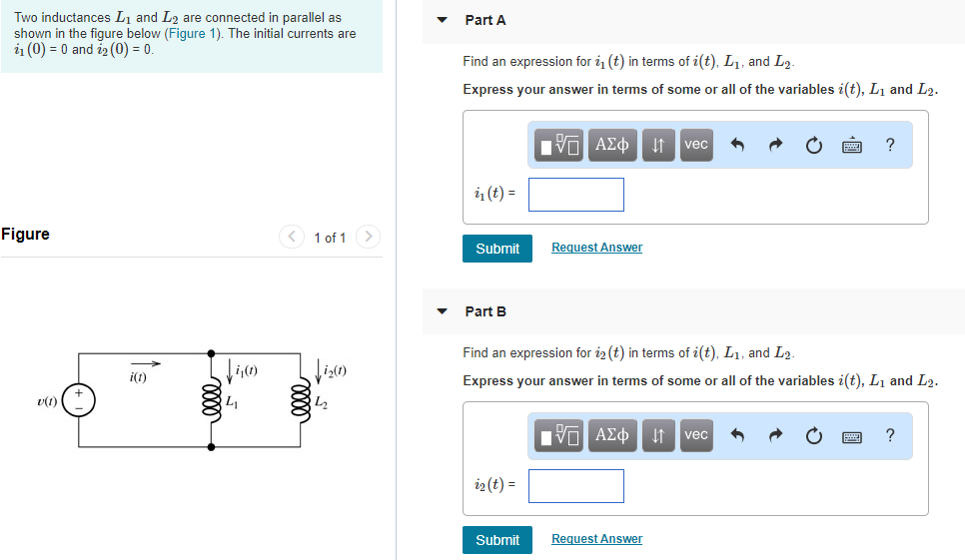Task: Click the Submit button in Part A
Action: coord(496,249)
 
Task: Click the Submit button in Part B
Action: coord(496,540)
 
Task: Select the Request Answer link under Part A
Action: coord(596,248)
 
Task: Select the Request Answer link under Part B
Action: coord(596,539)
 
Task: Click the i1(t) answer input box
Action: coord(575,195)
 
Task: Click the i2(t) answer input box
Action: coord(575,486)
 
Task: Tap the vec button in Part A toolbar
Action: coord(695,145)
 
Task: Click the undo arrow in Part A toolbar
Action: coord(738,146)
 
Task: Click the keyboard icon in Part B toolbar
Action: coord(852,436)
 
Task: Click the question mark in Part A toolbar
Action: coord(890,145)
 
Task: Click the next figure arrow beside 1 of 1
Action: coord(369,237)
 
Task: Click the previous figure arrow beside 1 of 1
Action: coord(291,237)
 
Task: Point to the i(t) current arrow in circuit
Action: coord(145,363)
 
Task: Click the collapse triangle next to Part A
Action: coord(442,20)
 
